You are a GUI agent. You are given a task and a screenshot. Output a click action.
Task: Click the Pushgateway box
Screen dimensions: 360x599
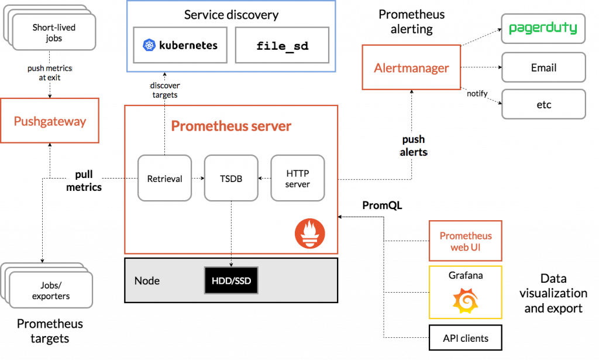(x=50, y=121)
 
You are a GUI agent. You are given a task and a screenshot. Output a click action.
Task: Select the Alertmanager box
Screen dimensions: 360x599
(x=411, y=67)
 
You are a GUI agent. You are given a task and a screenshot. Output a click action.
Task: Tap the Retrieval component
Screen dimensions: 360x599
(x=164, y=179)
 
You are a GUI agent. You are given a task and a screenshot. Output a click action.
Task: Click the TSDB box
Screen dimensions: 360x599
(x=230, y=179)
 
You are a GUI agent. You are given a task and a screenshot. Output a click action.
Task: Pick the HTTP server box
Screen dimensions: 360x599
(x=297, y=179)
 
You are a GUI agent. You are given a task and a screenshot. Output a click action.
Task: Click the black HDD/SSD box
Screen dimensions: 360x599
(x=231, y=281)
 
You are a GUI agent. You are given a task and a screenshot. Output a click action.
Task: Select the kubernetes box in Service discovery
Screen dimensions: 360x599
(x=181, y=45)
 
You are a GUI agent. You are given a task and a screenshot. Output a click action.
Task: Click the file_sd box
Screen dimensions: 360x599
(x=282, y=45)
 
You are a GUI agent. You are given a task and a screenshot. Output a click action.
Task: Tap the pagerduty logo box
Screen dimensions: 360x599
(x=543, y=28)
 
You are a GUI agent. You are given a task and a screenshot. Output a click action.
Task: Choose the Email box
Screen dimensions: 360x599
(x=543, y=68)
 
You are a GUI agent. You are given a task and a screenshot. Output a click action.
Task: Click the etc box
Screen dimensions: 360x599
(x=543, y=105)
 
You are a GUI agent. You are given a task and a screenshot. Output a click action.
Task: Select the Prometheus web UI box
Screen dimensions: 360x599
(x=466, y=241)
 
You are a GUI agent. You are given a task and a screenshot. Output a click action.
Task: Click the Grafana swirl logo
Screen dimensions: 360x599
(x=465, y=301)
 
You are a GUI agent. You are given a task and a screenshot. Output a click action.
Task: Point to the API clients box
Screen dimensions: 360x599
(x=465, y=338)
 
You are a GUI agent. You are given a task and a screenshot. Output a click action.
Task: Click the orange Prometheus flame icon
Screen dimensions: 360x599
(x=309, y=234)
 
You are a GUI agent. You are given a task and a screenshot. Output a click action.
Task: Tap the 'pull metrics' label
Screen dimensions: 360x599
(x=84, y=181)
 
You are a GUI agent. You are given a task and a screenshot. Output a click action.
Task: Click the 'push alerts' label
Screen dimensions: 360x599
(x=413, y=146)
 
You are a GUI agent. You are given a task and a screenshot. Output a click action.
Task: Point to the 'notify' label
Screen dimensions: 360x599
(x=477, y=94)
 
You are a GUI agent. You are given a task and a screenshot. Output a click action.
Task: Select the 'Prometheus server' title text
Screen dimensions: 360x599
(x=231, y=126)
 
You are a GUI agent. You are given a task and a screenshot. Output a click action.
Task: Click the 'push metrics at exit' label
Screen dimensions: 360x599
(x=50, y=73)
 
